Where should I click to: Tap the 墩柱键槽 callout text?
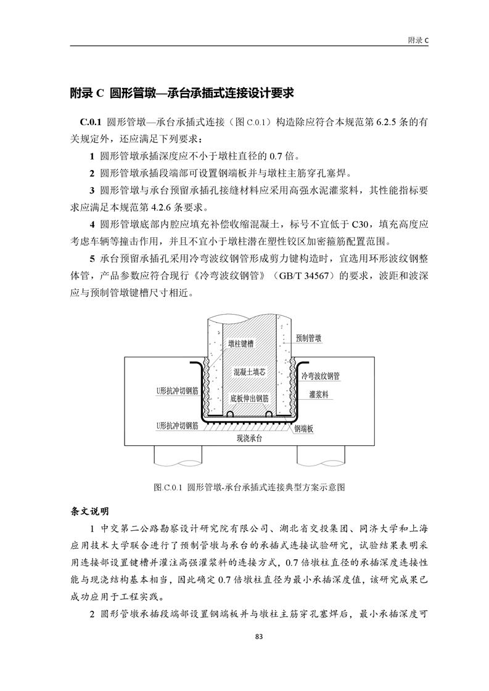tap(240, 343)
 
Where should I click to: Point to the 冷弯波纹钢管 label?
tap(320, 375)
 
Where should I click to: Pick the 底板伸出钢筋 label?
tap(249, 398)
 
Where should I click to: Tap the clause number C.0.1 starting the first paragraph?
tap(90, 122)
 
